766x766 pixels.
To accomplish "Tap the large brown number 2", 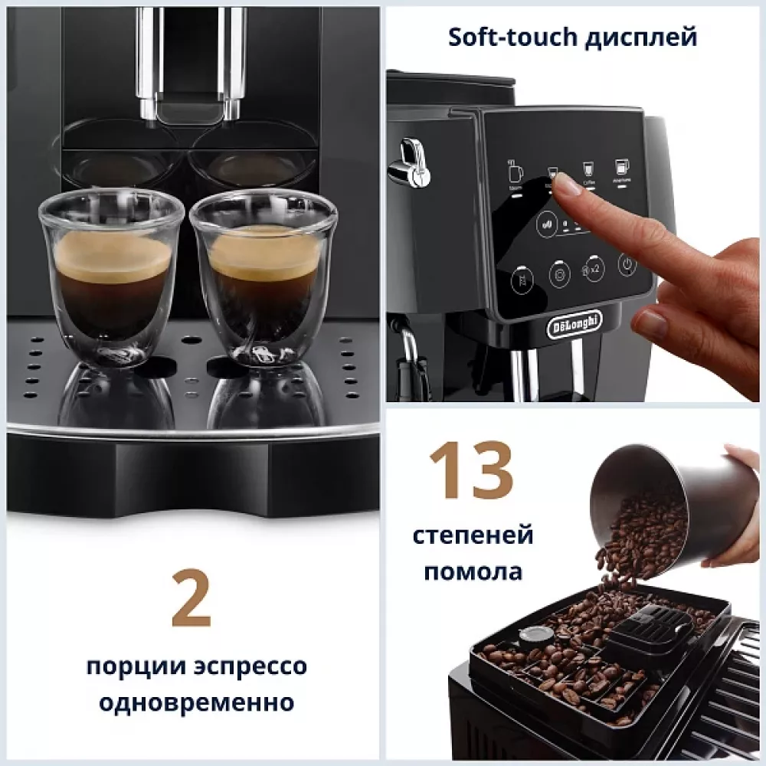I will point(191,597).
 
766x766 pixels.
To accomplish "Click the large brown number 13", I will point(470,469).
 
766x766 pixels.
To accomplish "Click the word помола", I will point(473,571).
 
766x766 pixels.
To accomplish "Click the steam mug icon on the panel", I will point(516,172).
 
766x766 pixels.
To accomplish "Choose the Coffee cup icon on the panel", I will point(588,169).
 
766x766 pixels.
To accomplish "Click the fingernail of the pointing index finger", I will point(567,183).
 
